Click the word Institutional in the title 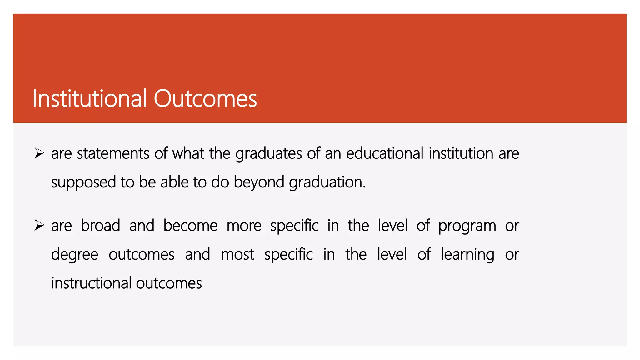(89, 99)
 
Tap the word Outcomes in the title (205, 99)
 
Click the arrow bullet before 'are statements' (39, 153)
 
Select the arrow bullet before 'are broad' (39, 225)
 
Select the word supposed (83, 182)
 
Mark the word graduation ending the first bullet (327, 182)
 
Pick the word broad (100, 226)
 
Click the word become (190, 226)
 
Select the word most (237, 254)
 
